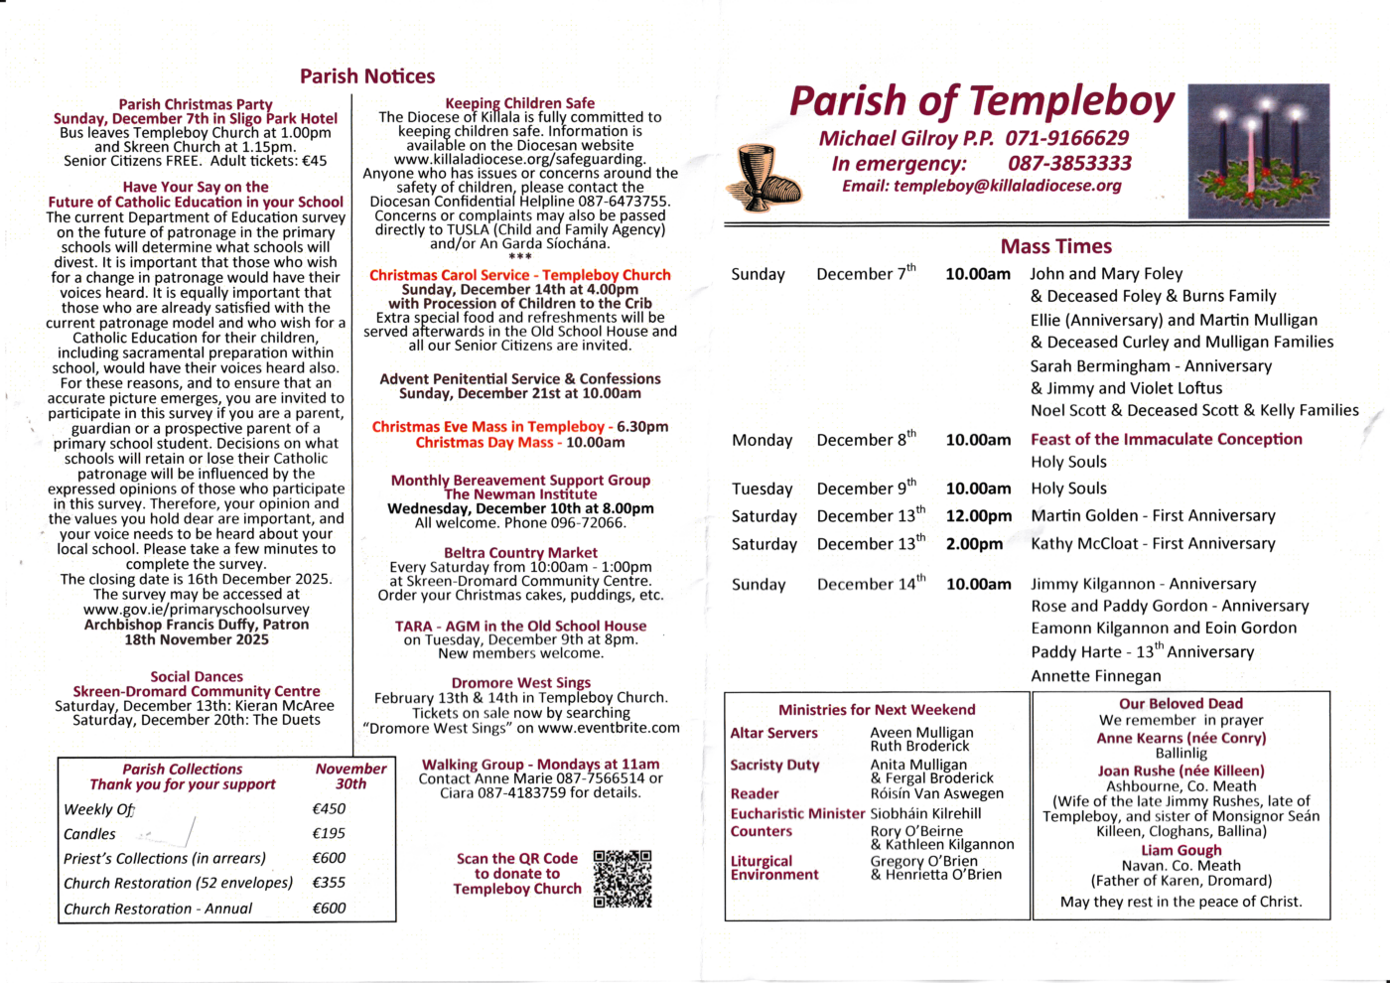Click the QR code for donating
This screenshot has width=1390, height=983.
point(623,879)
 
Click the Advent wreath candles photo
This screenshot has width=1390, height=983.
point(1258,151)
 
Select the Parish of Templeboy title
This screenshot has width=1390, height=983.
point(981,101)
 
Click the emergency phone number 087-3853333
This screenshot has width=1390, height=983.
point(1069,163)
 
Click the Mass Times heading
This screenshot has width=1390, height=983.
point(1055,246)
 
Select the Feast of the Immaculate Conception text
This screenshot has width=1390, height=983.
point(1166,439)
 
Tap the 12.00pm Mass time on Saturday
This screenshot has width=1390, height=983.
point(978,516)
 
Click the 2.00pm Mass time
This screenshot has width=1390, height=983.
point(974,544)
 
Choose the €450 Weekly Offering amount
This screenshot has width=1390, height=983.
point(329,809)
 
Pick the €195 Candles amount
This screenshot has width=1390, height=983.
point(329,834)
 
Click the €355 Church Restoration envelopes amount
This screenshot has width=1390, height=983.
point(329,883)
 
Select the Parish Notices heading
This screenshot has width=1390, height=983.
point(367,76)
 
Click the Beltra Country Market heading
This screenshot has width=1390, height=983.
point(520,553)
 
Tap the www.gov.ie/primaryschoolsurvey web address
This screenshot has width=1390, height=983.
point(197,610)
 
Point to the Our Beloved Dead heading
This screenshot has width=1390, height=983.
point(1181,704)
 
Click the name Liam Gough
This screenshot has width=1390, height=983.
point(1181,851)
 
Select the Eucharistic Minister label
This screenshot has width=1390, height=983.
point(797,814)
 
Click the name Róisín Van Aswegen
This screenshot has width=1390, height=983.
point(936,793)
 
